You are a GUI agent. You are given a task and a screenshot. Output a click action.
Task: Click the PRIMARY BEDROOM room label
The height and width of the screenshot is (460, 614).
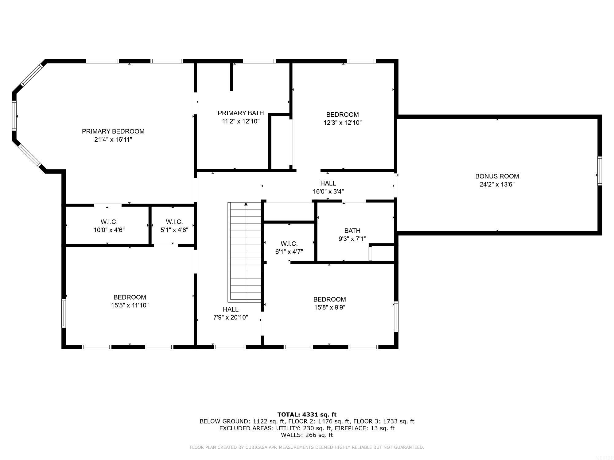tap(113, 131)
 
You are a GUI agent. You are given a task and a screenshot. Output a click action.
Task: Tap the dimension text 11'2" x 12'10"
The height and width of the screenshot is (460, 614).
tap(241, 121)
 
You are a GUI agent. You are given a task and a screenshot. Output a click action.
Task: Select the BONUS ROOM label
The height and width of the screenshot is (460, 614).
tap(497, 176)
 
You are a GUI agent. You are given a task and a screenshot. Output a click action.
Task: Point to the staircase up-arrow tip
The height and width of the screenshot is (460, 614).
tap(246, 204)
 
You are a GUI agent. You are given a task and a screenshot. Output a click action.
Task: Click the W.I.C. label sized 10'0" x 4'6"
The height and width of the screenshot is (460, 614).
tap(109, 222)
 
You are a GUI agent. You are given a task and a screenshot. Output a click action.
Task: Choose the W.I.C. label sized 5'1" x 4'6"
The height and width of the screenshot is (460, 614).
tap(174, 222)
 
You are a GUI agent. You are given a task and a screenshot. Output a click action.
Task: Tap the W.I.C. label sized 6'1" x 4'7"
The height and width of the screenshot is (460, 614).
tap(289, 244)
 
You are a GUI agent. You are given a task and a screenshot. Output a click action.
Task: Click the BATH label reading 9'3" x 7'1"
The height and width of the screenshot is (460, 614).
tap(352, 231)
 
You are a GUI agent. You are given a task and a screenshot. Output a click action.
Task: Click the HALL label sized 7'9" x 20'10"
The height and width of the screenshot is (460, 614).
tap(231, 309)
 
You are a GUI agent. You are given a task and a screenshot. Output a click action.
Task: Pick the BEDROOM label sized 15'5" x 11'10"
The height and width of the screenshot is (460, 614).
tap(130, 297)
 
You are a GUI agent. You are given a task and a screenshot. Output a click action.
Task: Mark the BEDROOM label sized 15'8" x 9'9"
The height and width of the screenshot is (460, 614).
tap(329, 299)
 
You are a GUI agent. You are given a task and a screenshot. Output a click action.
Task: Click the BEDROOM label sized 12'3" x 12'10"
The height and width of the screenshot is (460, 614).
tap(342, 115)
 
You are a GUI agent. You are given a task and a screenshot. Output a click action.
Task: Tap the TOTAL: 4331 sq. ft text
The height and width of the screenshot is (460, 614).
tap(307, 415)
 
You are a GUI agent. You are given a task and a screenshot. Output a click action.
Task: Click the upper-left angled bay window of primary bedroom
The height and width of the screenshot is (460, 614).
tap(32, 75)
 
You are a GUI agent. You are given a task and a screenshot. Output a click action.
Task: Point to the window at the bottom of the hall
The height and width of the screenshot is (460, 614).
tap(230, 347)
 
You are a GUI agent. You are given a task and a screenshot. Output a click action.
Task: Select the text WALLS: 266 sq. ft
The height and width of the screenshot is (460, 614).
tap(307, 435)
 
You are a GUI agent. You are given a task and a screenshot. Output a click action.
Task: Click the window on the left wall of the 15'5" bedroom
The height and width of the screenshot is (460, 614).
tap(64, 313)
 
